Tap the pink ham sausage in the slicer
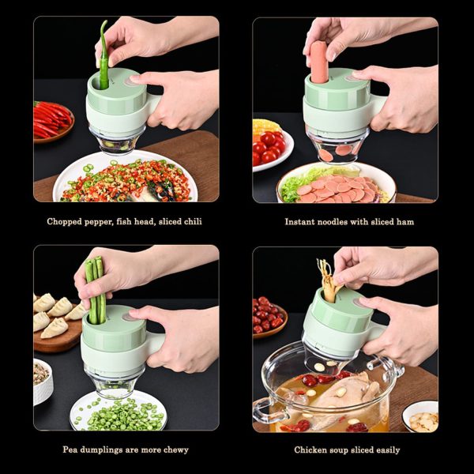click(x=318, y=62)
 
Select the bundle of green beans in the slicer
click(x=95, y=289)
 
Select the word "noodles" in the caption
click(x=333, y=222)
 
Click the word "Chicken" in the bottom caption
click(x=312, y=450)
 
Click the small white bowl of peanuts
click(x=419, y=417)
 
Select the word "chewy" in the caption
click(x=173, y=450)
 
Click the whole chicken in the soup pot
click(x=348, y=399)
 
